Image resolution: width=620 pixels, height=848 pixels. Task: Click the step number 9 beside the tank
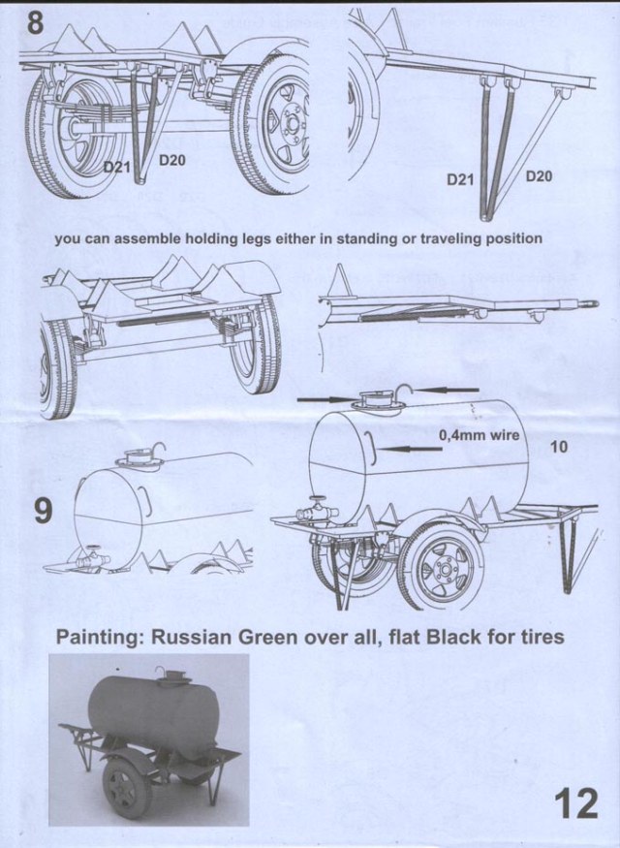pos(43,511)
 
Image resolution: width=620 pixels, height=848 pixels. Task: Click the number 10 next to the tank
pos(558,448)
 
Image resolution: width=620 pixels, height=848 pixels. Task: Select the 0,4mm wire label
pos(480,436)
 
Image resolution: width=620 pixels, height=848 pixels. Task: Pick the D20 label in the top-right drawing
pos(540,175)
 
